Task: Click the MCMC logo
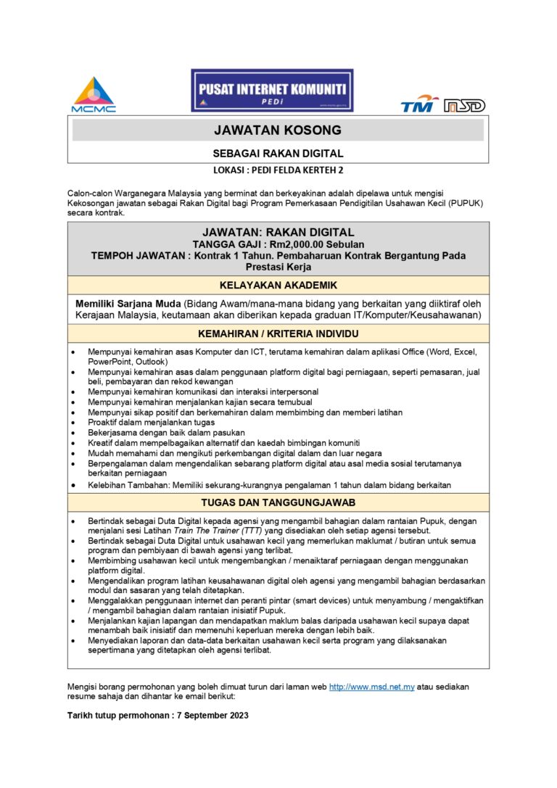(93, 94)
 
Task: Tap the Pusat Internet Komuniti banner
(272, 90)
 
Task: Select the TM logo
(419, 104)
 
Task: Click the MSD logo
(465, 106)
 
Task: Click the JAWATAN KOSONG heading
(278, 130)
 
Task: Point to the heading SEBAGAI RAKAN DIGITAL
(278, 154)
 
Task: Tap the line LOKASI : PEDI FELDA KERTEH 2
(278, 171)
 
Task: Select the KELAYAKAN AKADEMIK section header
(278, 285)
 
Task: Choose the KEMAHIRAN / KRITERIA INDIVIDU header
(278, 333)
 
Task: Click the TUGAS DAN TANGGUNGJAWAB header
(278, 502)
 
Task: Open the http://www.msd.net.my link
(371, 687)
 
